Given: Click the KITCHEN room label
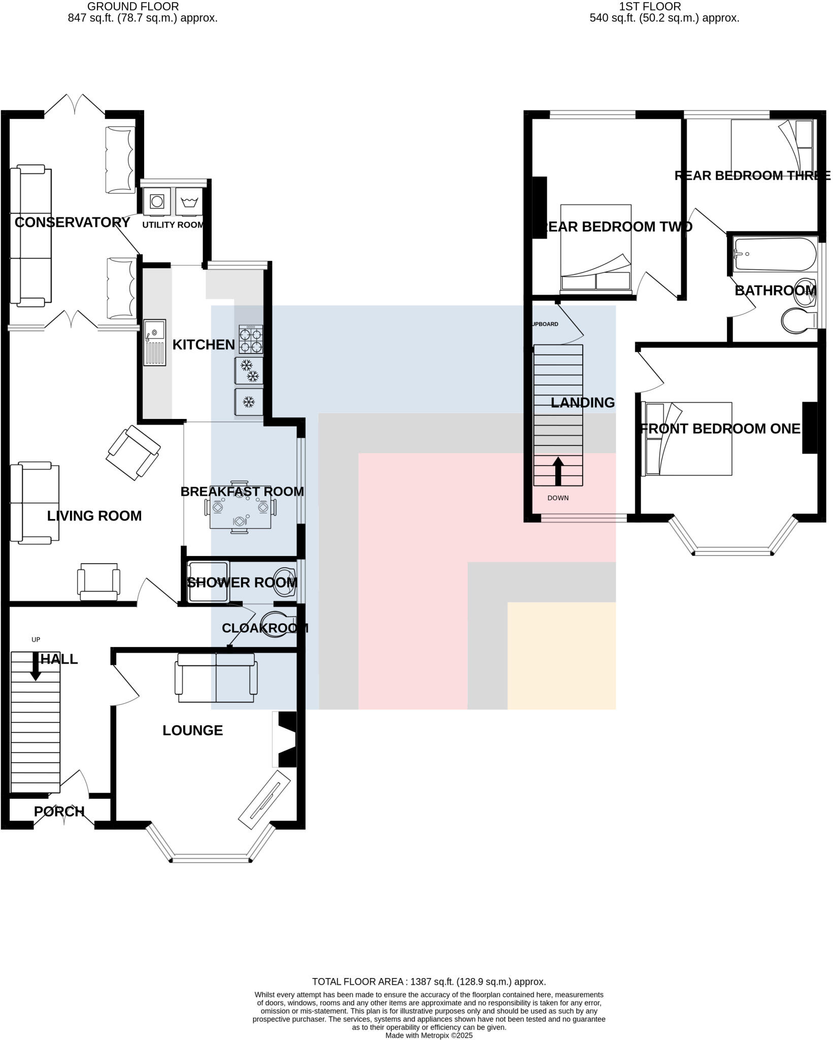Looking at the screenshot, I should [203, 345].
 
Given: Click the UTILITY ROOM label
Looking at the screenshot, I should [173, 225].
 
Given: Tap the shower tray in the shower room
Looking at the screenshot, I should [208, 581].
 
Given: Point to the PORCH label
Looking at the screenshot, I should [59, 811].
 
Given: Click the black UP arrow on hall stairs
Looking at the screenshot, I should [36, 666].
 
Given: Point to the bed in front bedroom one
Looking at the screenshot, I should [687, 439].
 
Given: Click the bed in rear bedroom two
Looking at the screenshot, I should [596, 249].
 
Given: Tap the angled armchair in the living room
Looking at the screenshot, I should [134, 452].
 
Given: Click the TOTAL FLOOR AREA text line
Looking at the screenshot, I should [428, 982].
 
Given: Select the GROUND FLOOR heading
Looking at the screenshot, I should [132, 7].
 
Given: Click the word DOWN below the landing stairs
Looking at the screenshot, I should [557, 498].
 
